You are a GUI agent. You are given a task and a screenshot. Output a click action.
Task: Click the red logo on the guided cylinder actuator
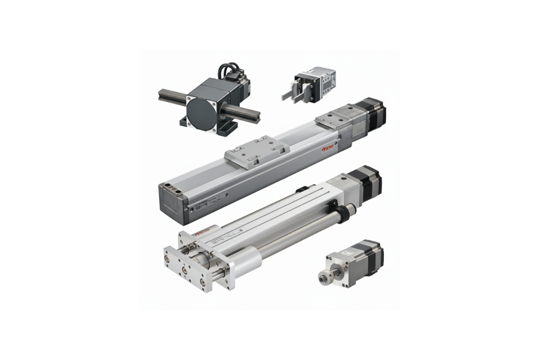200,233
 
